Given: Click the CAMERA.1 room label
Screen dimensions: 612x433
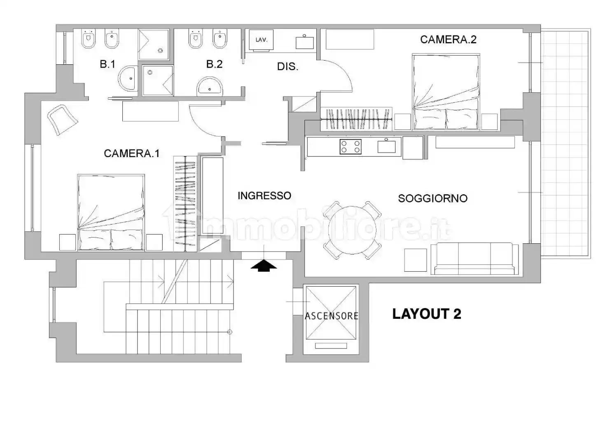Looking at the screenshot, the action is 132,153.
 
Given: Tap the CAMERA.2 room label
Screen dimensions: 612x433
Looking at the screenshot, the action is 448,40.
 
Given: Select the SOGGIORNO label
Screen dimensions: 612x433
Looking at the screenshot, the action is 433,198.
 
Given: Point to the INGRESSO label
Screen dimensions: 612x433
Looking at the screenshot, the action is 264,195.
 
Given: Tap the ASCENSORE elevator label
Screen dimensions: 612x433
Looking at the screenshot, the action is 332,316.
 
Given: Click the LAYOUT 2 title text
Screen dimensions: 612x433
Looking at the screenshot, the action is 427,314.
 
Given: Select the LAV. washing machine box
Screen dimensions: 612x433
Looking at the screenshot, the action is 261,40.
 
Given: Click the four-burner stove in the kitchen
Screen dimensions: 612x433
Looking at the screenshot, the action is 350,147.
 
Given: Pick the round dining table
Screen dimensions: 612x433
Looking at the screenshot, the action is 352,230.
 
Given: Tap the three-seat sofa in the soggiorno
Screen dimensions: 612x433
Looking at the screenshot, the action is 474,259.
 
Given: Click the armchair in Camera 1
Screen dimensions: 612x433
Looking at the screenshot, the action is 63,120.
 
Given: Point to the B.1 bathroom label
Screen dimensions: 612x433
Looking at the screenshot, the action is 107,64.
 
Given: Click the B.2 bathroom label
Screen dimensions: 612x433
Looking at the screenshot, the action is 215,64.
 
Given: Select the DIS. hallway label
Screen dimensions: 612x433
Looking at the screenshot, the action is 288,67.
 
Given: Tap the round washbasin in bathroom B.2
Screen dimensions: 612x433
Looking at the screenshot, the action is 210,86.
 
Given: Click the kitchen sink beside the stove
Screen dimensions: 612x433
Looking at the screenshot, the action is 387,146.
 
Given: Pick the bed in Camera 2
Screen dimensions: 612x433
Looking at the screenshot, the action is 446,92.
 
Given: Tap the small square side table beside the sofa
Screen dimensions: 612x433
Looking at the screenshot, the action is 416,260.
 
